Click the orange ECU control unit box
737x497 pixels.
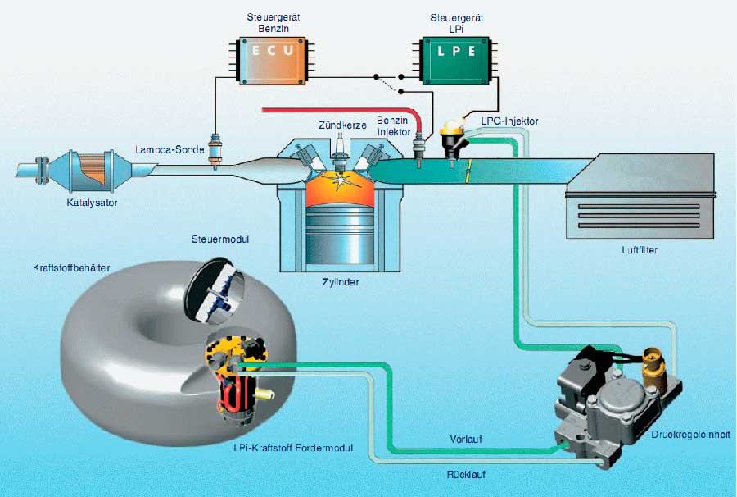pyautogui.click(x=272, y=62)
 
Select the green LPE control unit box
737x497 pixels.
pyautogui.click(x=455, y=62)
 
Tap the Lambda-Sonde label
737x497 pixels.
pyautogui.click(x=170, y=149)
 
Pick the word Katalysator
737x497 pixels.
pyautogui.click(x=92, y=203)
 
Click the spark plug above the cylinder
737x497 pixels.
pyautogui.click(x=339, y=149)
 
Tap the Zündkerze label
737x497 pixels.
pyautogui.click(x=342, y=125)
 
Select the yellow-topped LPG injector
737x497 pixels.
pyautogui.click(x=453, y=139)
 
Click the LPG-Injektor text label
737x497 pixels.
pyautogui.click(x=509, y=121)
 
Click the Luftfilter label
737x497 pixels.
pyautogui.click(x=640, y=250)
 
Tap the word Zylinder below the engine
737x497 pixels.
pyautogui.click(x=341, y=282)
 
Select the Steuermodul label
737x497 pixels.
pyautogui.click(x=220, y=239)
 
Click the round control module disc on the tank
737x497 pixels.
pyautogui.click(x=215, y=291)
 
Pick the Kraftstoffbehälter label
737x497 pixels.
pyautogui.click(x=71, y=268)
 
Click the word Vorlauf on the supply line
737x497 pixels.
pyautogui.click(x=466, y=439)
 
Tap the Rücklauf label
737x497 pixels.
pyautogui.click(x=466, y=474)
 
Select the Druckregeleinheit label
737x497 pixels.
pyautogui.click(x=690, y=435)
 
